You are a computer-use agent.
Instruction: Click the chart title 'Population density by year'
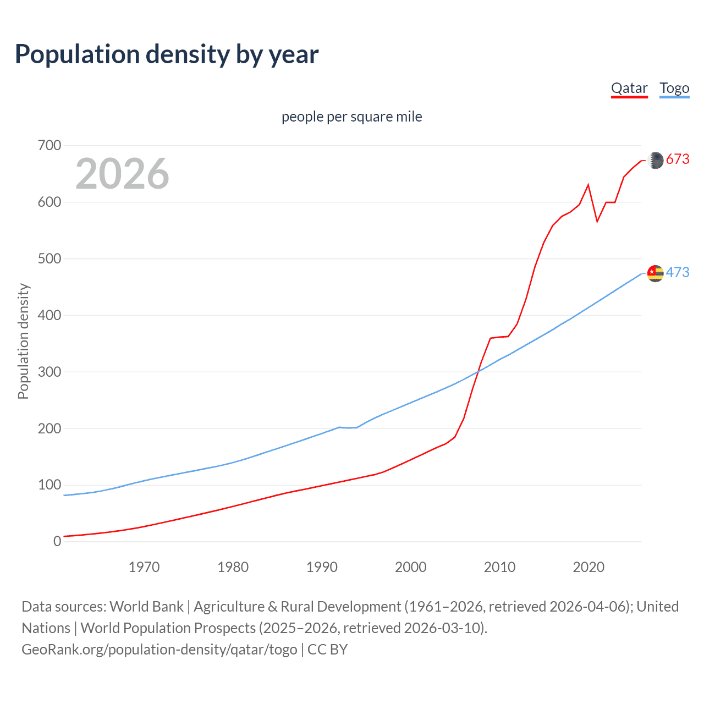click(167, 54)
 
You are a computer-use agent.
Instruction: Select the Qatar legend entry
click(629, 88)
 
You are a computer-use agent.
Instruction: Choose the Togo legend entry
click(674, 88)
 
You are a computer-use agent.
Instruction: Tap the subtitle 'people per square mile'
click(352, 117)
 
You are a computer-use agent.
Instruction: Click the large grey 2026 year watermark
click(122, 174)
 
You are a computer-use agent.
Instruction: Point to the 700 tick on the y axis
click(50, 146)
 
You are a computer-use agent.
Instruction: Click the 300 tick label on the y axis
click(50, 372)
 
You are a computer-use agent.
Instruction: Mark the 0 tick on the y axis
click(57, 541)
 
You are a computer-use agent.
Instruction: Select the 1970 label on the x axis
click(144, 567)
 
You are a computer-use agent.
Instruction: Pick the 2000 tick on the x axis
click(410, 567)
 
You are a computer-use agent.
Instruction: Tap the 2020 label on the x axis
click(588, 567)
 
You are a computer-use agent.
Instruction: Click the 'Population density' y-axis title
click(23, 341)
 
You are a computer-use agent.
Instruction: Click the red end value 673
click(678, 159)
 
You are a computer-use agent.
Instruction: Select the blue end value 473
click(678, 272)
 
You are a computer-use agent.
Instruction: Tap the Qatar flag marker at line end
click(655, 160)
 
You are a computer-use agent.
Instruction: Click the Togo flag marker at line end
click(655, 273)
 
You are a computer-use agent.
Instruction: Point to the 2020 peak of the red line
click(588, 185)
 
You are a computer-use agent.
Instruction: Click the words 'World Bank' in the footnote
click(146, 607)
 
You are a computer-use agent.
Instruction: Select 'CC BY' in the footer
click(327, 650)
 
